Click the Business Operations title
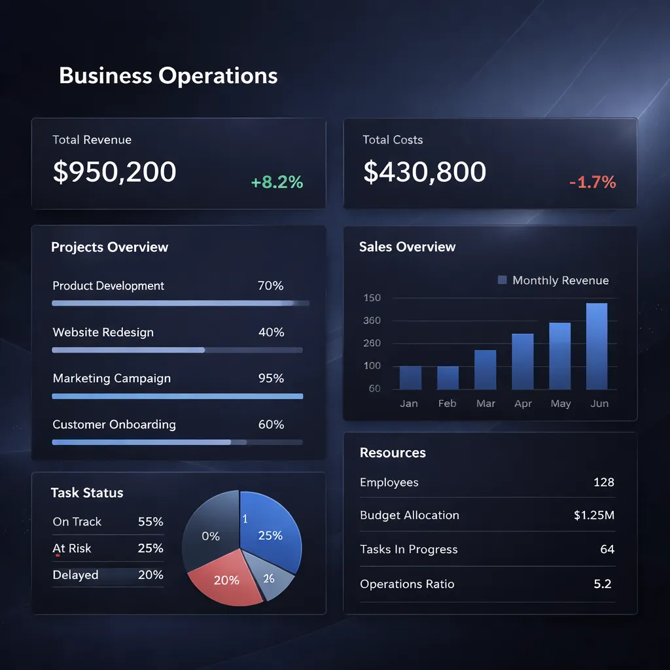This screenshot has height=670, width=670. (x=168, y=76)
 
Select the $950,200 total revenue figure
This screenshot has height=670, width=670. (x=115, y=171)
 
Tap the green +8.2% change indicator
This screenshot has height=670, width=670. (x=277, y=183)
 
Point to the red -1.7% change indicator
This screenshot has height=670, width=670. (x=592, y=183)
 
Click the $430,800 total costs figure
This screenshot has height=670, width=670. (x=425, y=171)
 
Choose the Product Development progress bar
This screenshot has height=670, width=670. (x=180, y=304)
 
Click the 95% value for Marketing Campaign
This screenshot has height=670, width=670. (x=271, y=378)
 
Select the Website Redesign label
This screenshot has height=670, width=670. (x=103, y=332)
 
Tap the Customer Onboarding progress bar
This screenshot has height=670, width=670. (x=177, y=442)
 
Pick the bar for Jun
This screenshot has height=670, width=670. (x=597, y=346)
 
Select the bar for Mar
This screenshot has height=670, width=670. (x=485, y=370)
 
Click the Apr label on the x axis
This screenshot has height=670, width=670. (x=523, y=404)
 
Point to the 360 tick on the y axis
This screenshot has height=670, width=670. (x=372, y=321)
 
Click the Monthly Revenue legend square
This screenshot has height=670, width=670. (x=502, y=280)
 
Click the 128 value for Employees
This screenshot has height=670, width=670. (x=603, y=482)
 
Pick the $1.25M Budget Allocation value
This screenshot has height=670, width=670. (x=593, y=515)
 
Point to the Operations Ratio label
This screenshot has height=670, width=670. (x=407, y=584)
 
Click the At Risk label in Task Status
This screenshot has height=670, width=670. (x=72, y=548)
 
